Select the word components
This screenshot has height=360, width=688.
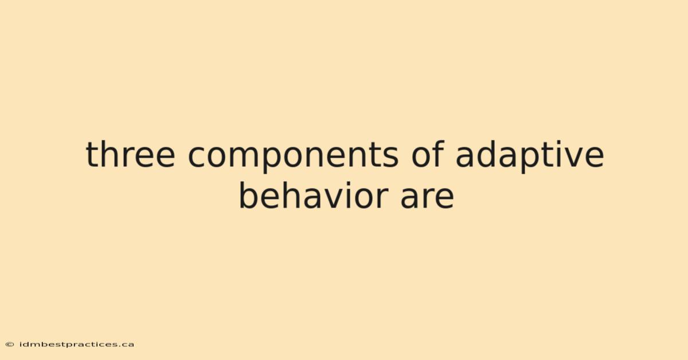click(x=293, y=156)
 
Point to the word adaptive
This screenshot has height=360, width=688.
click(x=530, y=156)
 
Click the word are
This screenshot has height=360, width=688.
click(x=427, y=198)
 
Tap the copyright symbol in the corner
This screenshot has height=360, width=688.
click(x=10, y=345)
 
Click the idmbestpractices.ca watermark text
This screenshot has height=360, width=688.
click(x=77, y=345)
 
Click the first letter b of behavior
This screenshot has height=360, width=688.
click(x=248, y=195)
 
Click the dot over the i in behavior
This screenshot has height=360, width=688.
click(x=349, y=185)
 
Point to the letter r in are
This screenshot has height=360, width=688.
click(x=425, y=198)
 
